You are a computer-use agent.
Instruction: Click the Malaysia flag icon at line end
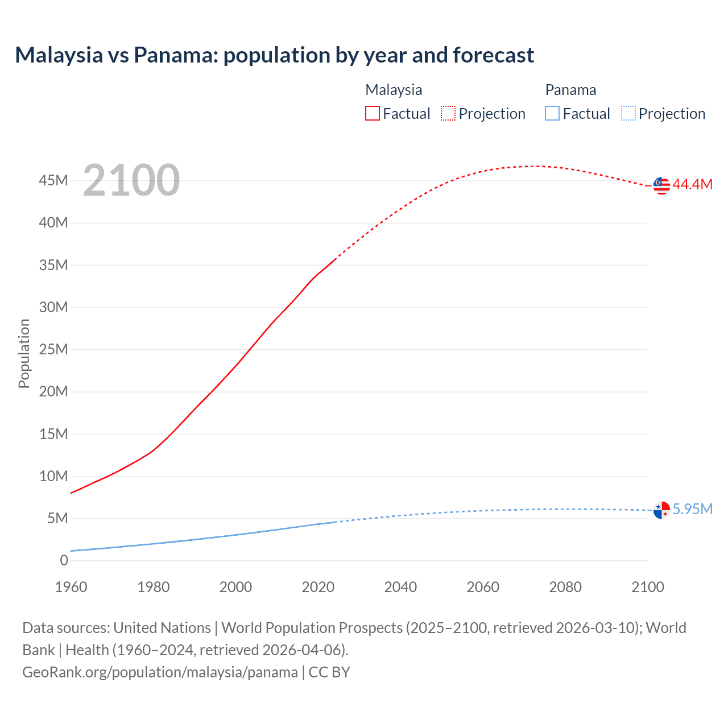coord(661,185)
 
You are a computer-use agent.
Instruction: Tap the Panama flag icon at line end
coord(661,510)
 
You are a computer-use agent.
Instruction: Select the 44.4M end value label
coord(692,185)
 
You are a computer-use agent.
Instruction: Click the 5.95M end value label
coord(692,509)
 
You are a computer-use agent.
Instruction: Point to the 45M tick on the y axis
coord(53,181)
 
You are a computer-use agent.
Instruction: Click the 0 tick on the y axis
coord(64,561)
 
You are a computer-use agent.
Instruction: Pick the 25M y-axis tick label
coord(53,350)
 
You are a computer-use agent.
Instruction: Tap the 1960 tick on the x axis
coord(71,587)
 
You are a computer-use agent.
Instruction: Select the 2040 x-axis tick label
coord(400,587)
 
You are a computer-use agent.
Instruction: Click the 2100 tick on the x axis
coord(647,587)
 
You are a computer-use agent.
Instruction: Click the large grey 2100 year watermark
coord(131,180)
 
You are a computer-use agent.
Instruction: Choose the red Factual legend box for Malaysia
coord(373,114)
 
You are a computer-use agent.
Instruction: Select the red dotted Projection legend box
coord(448,114)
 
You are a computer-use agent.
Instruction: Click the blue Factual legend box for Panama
coord(552,114)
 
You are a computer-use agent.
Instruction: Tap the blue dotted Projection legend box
coord(628,114)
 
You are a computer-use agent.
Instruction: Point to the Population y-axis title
coord(24,353)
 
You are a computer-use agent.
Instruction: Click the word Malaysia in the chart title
coord(59,55)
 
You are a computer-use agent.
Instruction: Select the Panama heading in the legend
coord(570,90)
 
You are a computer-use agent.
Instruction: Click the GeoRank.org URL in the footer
coord(160,672)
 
